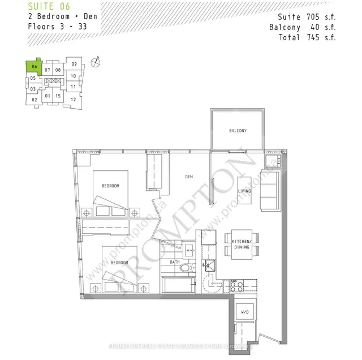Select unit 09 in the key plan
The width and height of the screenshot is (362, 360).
[x=74, y=64]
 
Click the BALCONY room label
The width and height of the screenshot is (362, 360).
[x=237, y=131]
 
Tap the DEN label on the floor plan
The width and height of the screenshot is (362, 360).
[x=189, y=177]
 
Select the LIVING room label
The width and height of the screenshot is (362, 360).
[x=245, y=191]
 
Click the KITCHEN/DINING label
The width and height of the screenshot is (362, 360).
[x=242, y=245]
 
